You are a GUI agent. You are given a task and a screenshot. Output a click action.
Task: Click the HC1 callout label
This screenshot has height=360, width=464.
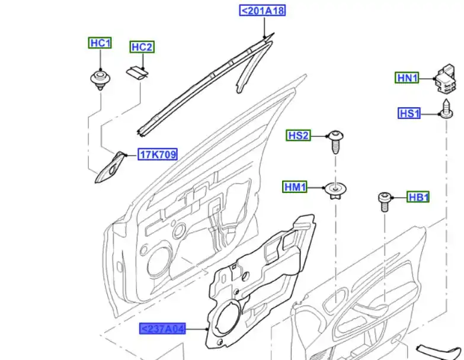coord(100,43)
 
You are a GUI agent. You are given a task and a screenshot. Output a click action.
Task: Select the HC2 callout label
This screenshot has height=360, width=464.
coord(142,47)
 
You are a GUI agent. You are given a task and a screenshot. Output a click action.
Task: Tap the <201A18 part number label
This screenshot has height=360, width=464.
coord(262,11)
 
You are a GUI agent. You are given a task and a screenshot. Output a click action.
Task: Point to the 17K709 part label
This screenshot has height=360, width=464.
coord(158,155)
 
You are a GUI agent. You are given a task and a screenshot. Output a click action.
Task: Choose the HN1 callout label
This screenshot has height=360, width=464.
coord(408,78)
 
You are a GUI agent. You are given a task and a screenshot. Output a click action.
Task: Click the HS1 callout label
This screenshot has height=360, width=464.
coord(409,113)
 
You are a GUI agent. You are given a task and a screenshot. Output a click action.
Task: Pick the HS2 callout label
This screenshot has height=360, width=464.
coord(299,136)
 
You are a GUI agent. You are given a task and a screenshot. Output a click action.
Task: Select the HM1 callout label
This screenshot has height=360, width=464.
coord(295,187)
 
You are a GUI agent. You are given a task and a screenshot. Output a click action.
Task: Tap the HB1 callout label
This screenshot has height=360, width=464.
coord(418,197)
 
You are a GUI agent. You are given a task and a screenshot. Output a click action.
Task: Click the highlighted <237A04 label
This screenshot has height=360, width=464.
coord(162,329)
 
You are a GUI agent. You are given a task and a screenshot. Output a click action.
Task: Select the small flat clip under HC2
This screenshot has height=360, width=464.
coord(137,73)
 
